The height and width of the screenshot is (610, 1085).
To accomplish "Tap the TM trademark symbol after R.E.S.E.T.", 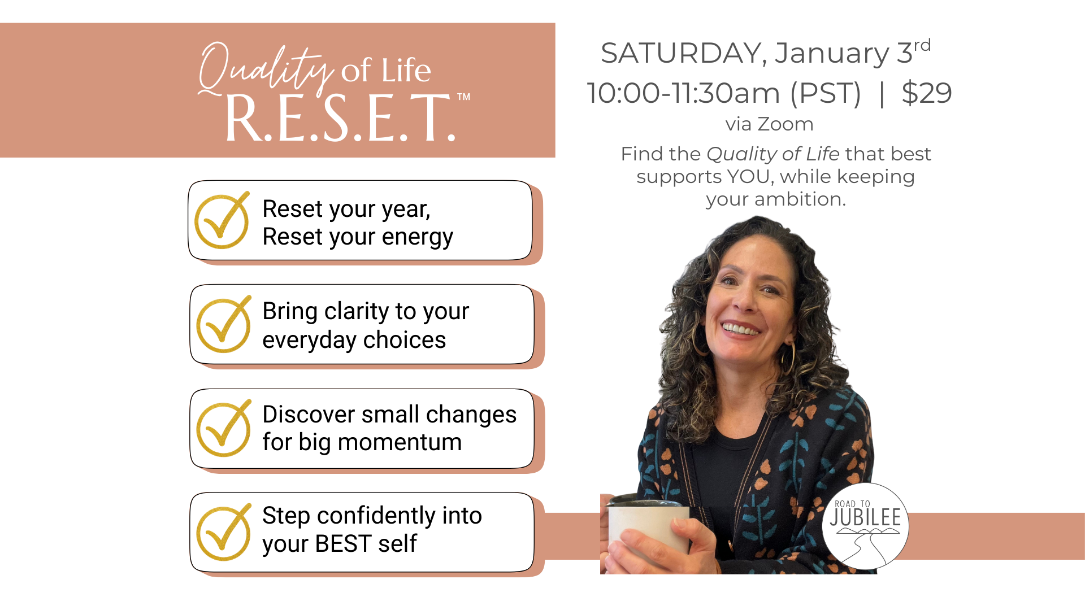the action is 463,97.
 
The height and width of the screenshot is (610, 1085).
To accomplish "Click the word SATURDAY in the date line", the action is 680,53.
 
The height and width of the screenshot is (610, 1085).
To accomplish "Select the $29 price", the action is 927,93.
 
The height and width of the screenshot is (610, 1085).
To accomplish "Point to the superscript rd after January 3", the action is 922,45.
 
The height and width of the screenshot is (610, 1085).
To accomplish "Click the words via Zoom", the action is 769,124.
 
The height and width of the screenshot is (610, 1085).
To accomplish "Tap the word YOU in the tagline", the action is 750,177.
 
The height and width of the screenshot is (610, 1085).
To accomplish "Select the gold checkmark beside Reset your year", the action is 222,220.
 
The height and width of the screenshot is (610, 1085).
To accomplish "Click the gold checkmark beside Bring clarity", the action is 224,324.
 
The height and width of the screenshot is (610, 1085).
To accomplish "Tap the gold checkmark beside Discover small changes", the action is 224,428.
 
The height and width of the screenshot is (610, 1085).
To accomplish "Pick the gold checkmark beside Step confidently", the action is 224,532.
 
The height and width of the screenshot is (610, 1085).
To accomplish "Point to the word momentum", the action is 400,442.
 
